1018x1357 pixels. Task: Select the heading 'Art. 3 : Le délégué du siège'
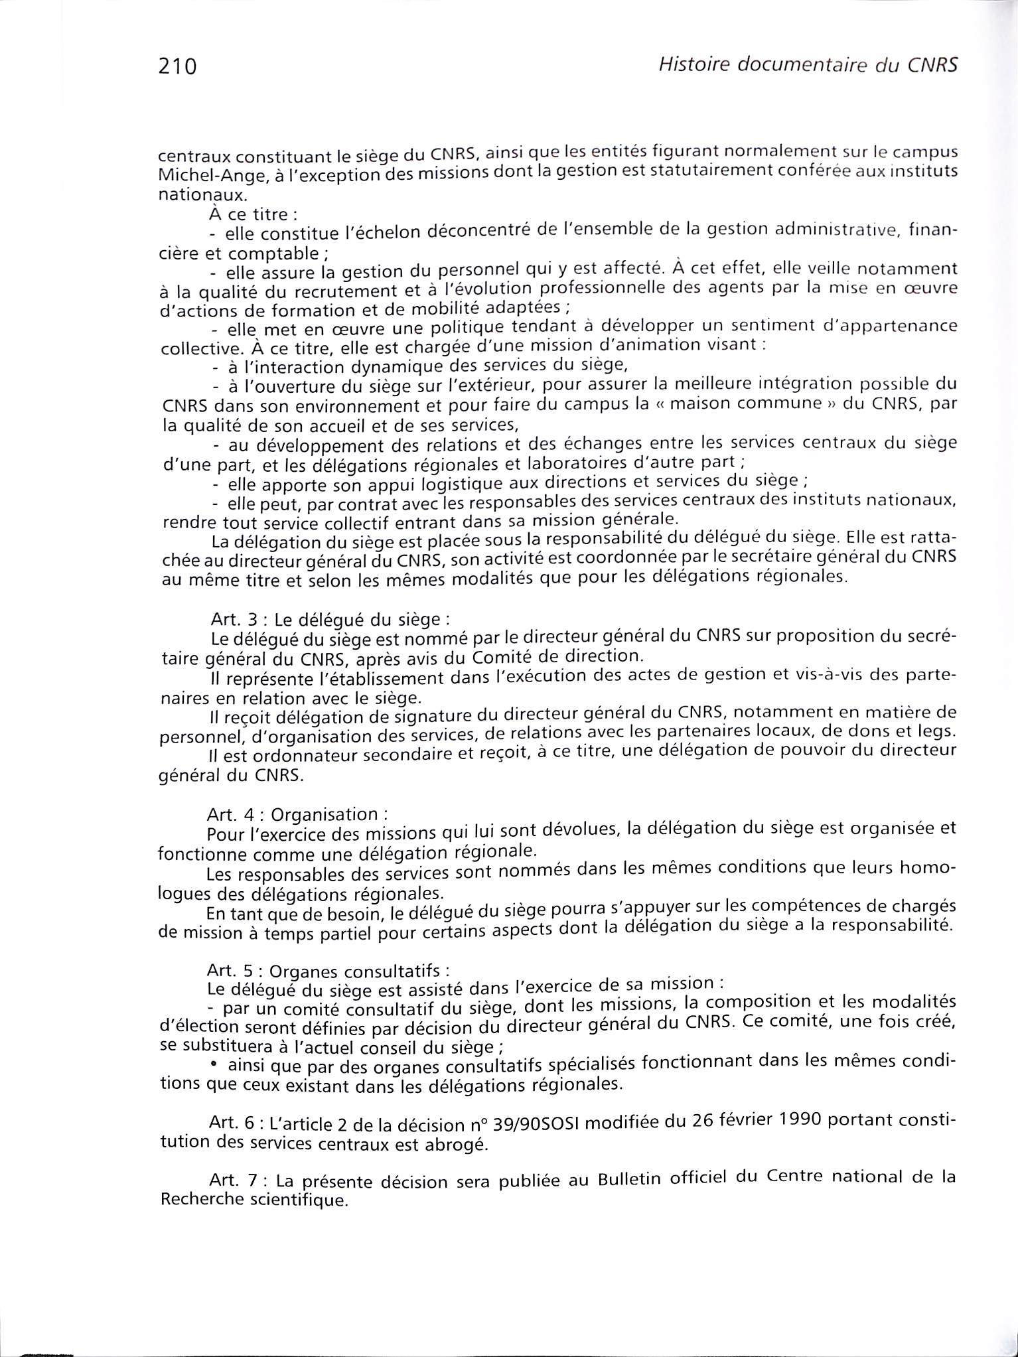tap(329, 620)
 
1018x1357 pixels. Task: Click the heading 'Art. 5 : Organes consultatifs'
tap(324, 972)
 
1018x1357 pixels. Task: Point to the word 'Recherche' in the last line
tap(201, 1200)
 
